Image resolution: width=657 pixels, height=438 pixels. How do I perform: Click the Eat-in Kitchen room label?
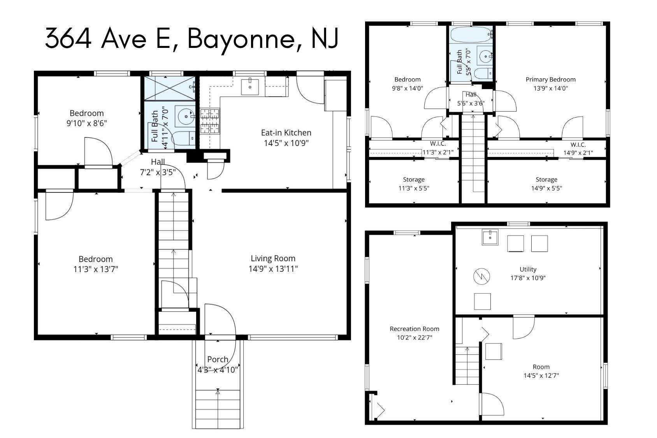pyautogui.click(x=286, y=133)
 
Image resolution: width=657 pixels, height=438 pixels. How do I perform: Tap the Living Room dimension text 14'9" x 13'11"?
pyautogui.click(x=273, y=269)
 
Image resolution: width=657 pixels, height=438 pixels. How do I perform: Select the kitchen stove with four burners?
pyautogui.click(x=210, y=121)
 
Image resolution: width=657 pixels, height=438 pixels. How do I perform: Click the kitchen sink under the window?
pyautogui.click(x=249, y=87)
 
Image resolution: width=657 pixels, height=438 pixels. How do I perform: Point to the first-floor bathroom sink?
pyautogui.click(x=185, y=116)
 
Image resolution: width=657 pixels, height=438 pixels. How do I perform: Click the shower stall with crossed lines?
pyautogui.click(x=170, y=88)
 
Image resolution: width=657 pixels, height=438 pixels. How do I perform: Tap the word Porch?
pyautogui.click(x=218, y=359)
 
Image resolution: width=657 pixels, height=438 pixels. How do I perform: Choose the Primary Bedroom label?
pyautogui.click(x=550, y=79)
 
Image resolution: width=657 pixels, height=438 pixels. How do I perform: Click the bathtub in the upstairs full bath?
pyautogui.click(x=471, y=35)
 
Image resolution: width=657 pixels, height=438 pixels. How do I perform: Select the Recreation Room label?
pyautogui.click(x=415, y=329)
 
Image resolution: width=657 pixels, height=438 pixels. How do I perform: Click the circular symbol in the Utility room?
pyautogui.click(x=481, y=276)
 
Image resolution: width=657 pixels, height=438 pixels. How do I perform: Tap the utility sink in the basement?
pyautogui.click(x=490, y=237)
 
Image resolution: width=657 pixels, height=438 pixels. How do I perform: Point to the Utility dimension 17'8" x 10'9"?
pyautogui.click(x=528, y=278)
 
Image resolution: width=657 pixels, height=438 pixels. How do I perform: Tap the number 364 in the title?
pyautogui.click(x=68, y=38)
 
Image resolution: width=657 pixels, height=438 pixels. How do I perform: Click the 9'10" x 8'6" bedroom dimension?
pyautogui.click(x=86, y=123)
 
